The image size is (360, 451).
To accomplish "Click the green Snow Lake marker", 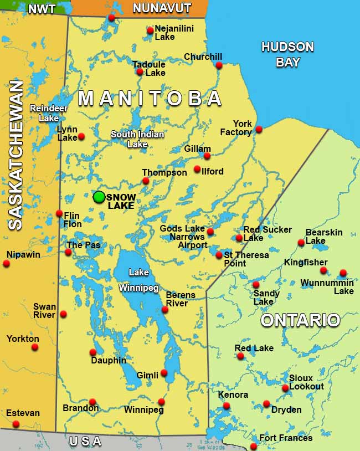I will pyautogui.click(x=99, y=197).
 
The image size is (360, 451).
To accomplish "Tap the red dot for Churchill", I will pyautogui.click(x=219, y=65).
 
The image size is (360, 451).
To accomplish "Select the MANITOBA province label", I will pyautogui.click(x=150, y=99).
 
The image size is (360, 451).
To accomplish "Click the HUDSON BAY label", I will pyautogui.click(x=287, y=54).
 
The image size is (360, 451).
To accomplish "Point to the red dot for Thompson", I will pyautogui.click(x=146, y=181).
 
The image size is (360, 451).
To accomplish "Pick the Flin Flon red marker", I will pyautogui.click(x=59, y=213).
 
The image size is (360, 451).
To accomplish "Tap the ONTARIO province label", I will pyautogui.click(x=300, y=320).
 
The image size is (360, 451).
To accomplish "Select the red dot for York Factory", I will pyautogui.click(x=259, y=130).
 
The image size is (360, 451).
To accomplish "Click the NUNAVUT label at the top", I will pyautogui.click(x=162, y=8).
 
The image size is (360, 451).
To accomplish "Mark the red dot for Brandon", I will pyautogui.click(x=92, y=402).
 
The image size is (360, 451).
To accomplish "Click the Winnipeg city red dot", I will pyautogui.click(x=161, y=402).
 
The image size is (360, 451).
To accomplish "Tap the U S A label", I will pyautogui.click(x=85, y=442).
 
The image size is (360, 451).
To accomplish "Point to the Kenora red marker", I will pyautogui.click(x=227, y=406).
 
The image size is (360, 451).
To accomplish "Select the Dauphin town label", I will pyautogui.click(x=109, y=361).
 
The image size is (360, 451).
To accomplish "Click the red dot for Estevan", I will pyautogui.click(x=16, y=424).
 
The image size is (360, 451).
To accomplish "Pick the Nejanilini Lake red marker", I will pyautogui.click(x=150, y=30).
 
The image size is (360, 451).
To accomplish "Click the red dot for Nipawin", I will pyautogui.click(x=7, y=263).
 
